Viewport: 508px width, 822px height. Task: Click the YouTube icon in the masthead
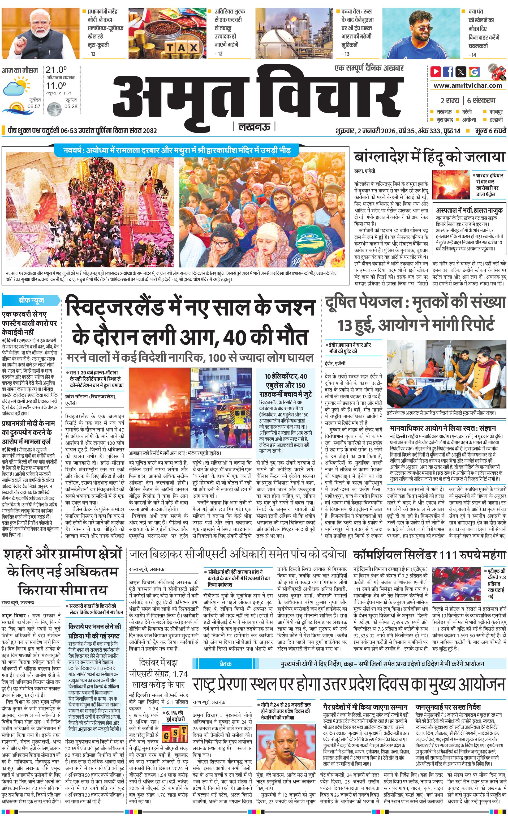point(436,72)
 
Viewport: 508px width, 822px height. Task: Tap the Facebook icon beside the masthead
point(448,72)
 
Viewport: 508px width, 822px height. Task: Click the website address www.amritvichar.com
point(468,86)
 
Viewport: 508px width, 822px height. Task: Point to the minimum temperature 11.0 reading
point(56,86)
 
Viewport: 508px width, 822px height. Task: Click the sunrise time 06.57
point(34,106)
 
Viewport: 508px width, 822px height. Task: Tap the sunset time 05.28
point(71,106)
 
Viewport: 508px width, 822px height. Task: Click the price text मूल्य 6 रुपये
point(490,131)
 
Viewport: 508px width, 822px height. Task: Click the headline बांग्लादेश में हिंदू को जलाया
point(430,157)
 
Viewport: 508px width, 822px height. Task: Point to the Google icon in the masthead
point(474,72)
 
